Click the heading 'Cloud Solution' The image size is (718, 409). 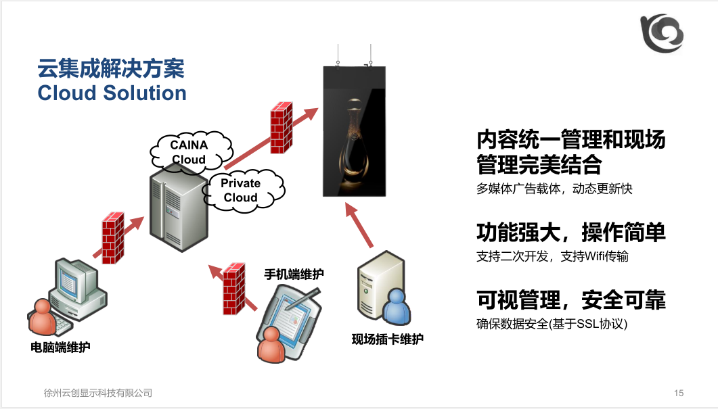[x=112, y=93]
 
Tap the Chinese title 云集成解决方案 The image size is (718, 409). [x=111, y=69]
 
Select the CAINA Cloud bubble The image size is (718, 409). [x=189, y=152]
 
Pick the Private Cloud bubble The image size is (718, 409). [x=242, y=190]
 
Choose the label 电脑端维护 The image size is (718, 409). [x=61, y=348]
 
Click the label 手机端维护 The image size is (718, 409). [x=294, y=274]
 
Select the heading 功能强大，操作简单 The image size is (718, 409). [x=570, y=232]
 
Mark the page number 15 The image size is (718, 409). [x=679, y=393]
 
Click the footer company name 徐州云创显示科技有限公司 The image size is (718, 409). [x=97, y=393]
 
